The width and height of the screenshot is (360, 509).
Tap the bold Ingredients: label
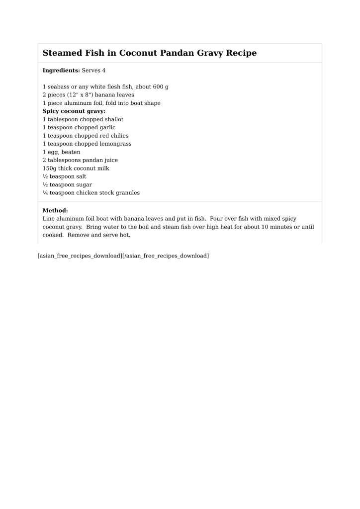click(61, 71)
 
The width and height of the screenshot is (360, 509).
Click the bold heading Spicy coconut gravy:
click(74, 111)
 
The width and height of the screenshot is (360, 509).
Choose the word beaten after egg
click(71, 152)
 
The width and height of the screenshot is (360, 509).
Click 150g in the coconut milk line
click(49, 169)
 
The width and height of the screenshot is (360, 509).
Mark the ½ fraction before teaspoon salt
click(45, 176)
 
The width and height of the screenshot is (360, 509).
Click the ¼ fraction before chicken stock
click(45, 193)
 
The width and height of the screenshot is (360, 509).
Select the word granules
click(126, 193)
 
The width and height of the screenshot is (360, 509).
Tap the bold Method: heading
click(55, 210)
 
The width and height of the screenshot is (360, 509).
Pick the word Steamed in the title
click(62, 53)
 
